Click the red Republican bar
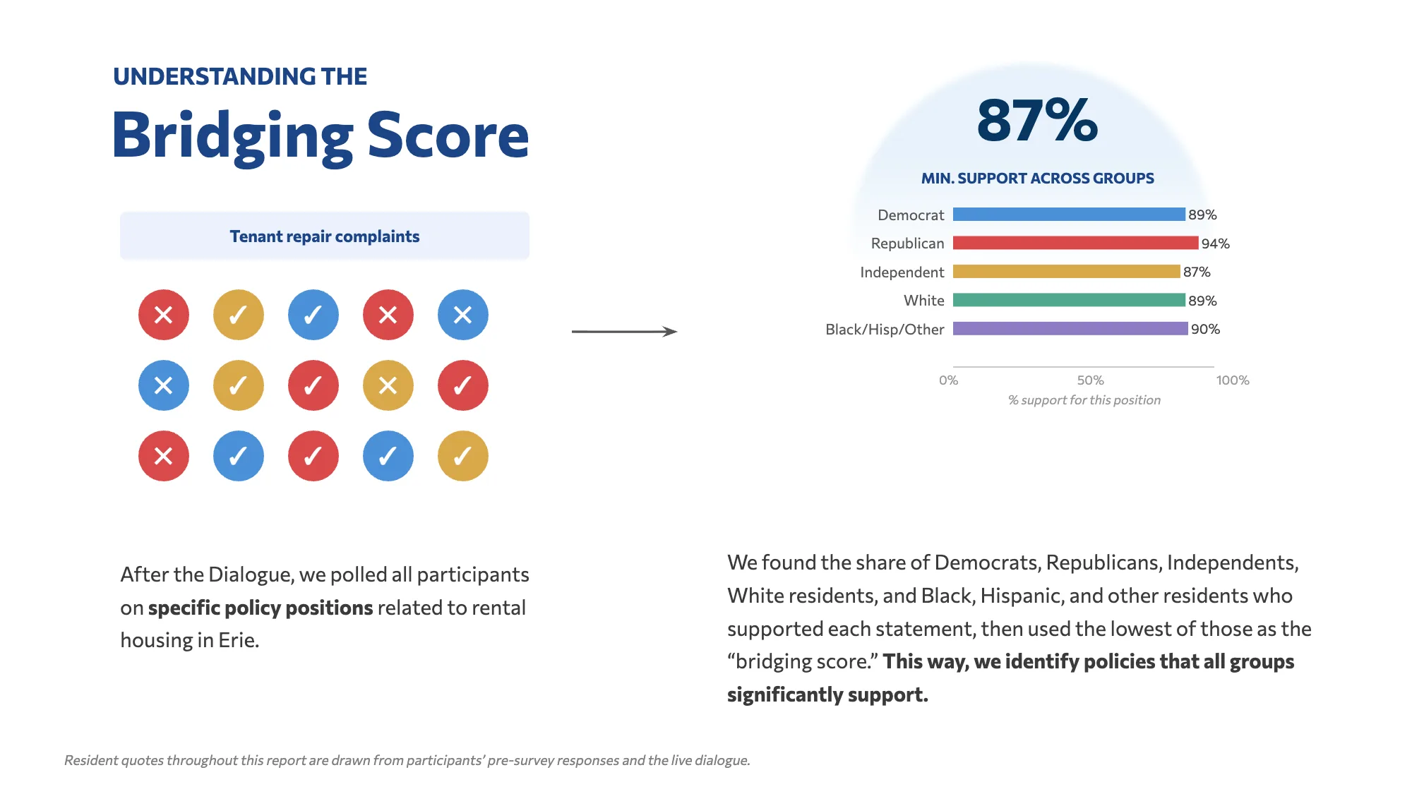pos(1075,243)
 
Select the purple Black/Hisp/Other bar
pos(1070,328)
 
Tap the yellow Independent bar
pos(1066,272)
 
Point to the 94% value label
pos(1216,243)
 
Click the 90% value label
pos(1205,329)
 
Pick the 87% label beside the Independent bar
pos(1197,272)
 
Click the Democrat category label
pos(911,215)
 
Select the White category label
pos(924,301)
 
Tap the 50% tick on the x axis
pos(1090,380)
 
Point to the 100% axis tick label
pos(1233,380)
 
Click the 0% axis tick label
pos(949,380)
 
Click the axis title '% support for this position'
pos(1084,400)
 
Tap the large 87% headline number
pos(1037,120)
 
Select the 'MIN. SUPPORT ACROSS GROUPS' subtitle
pos(1037,179)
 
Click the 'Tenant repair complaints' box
pos(325,236)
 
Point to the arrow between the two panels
pos(624,331)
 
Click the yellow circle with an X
pos(388,385)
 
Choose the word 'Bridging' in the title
pos(233,136)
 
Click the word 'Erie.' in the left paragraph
pos(239,640)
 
